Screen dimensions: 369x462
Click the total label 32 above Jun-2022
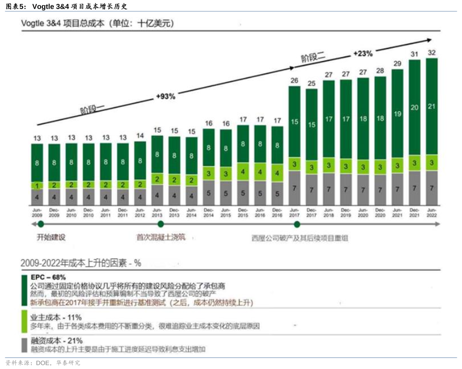[432, 53]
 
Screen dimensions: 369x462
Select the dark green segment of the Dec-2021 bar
[415, 107]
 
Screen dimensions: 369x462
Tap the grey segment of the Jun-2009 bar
[37, 197]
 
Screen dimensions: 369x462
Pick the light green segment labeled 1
[37, 186]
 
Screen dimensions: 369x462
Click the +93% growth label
[166, 97]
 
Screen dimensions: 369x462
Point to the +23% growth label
[363, 54]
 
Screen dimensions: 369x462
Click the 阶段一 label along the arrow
[92, 108]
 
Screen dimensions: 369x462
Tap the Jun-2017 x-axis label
[294, 213]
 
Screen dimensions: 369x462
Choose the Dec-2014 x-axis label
[208, 213]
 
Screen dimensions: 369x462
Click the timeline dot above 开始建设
[41, 224]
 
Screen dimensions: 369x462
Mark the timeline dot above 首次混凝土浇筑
[161, 224]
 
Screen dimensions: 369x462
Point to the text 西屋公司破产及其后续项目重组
[300, 238]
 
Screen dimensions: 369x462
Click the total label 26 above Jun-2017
[294, 80]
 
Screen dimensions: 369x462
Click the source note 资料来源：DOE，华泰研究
[43, 363]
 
